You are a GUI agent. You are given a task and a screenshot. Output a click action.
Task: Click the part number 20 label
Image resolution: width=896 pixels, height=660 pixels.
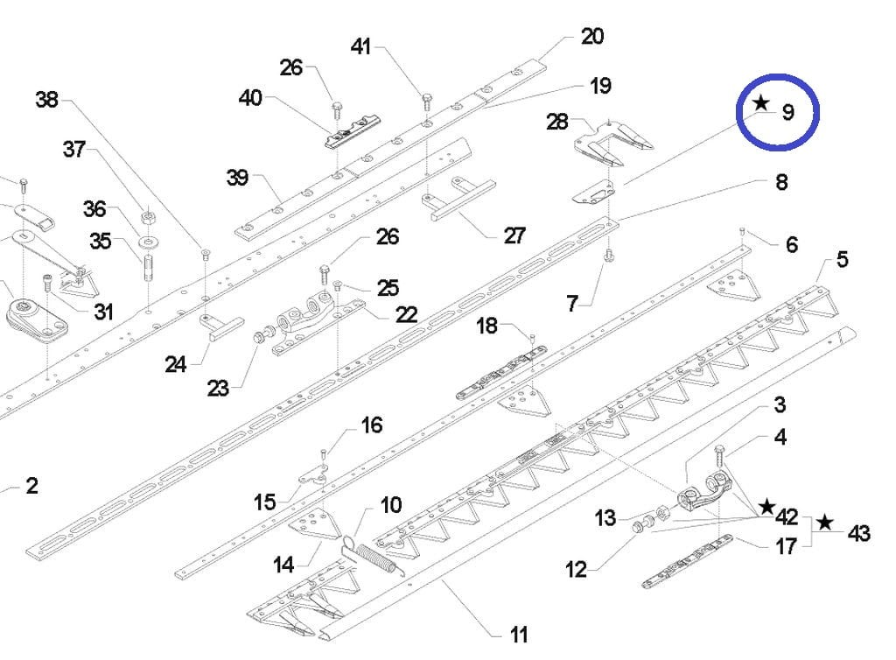pyautogui.click(x=592, y=37)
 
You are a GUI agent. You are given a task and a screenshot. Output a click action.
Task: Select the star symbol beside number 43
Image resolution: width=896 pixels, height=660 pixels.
pyautogui.click(x=824, y=523)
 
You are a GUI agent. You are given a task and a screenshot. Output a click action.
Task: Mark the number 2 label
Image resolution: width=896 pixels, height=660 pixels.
pyautogui.click(x=31, y=486)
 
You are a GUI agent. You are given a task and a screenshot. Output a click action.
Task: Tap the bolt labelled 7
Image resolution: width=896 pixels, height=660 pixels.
pyautogui.click(x=609, y=256)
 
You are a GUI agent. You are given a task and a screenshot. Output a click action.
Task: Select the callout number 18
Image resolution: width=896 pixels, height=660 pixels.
pyautogui.click(x=486, y=326)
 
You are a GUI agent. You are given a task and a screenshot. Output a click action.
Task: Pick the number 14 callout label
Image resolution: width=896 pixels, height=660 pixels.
pyautogui.click(x=283, y=565)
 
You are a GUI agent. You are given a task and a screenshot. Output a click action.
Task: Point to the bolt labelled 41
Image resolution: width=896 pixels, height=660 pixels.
pyautogui.click(x=426, y=100)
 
